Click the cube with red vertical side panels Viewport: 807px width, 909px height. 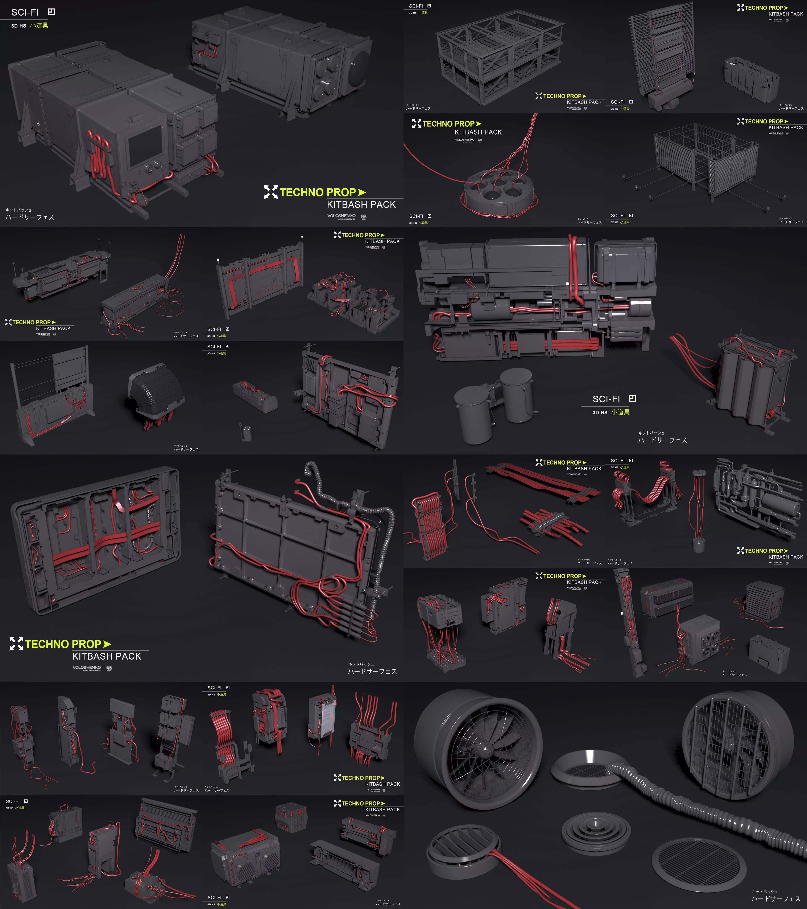click(x=291, y=817)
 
